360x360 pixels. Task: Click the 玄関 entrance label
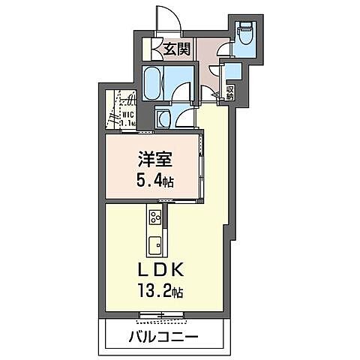(177, 50)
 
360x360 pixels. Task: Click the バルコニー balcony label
(166, 337)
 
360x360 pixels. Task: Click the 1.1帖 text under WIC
(127, 123)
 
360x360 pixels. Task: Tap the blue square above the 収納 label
(232, 72)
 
